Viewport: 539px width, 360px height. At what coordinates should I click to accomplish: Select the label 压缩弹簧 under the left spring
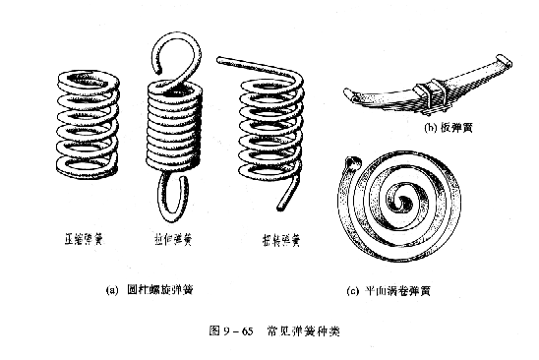click(85, 239)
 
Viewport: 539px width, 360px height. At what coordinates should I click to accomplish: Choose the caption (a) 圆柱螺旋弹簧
click(163, 290)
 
